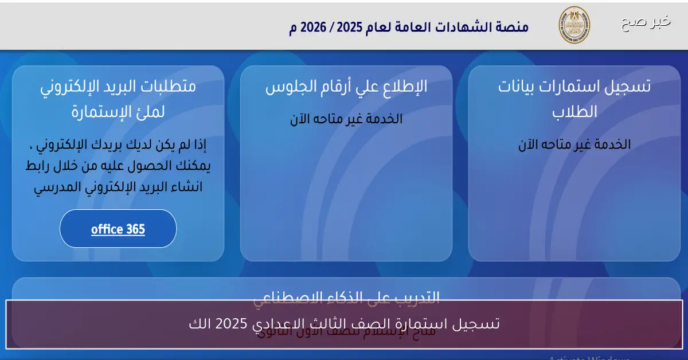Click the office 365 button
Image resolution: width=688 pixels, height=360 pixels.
click(x=118, y=229)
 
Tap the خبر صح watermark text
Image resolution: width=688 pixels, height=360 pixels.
click(x=646, y=22)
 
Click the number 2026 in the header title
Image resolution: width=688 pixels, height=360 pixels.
click(x=319, y=28)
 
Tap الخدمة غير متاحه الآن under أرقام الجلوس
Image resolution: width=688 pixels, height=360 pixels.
click(x=346, y=119)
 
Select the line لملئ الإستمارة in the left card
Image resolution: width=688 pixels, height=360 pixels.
click(x=118, y=112)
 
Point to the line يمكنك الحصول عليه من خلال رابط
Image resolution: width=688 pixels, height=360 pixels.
click(x=118, y=166)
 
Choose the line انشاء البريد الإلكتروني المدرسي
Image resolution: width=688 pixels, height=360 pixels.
click(x=118, y=187)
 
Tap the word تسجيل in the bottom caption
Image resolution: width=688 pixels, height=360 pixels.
click(x=479, y=324)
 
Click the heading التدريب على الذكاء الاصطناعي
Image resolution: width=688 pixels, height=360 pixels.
click(x=346, y=297)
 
